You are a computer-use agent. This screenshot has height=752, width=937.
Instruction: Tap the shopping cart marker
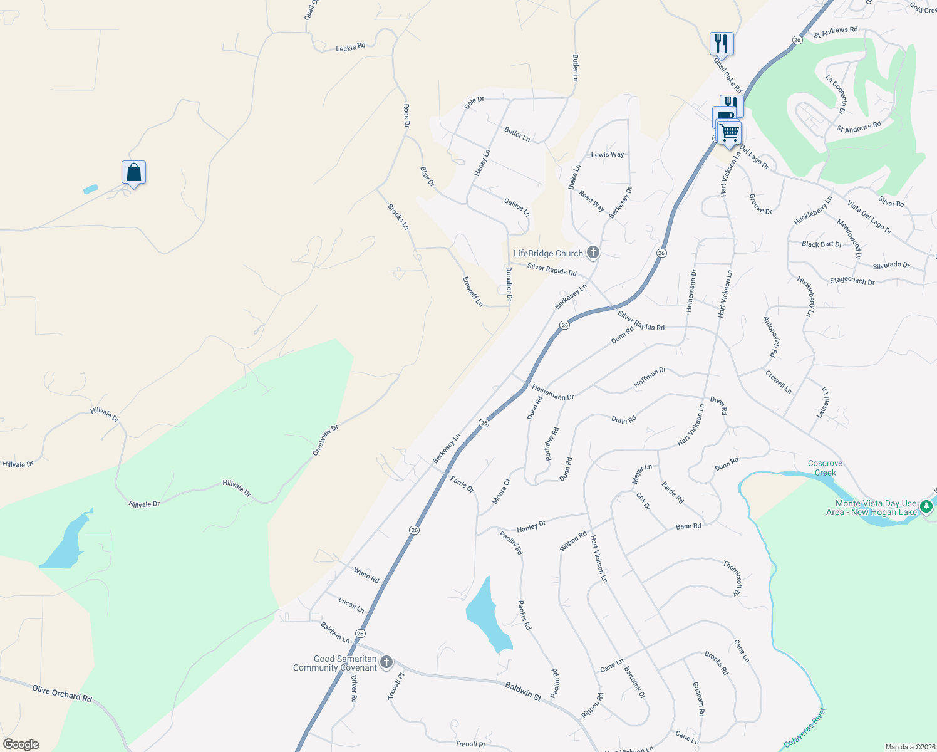coord(729,133)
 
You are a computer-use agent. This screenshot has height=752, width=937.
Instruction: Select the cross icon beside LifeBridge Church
coord(593,253)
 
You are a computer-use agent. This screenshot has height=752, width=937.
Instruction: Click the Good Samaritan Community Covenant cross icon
coord(386,662)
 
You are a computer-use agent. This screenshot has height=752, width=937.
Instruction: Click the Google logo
coord(21,744)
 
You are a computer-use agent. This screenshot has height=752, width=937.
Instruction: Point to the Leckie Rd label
coord(350,48)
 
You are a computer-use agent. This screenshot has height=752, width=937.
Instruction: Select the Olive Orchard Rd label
coord(62,692)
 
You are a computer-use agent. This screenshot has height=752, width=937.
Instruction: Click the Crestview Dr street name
coord(326,440)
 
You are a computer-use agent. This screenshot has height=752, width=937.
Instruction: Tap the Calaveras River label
coord(805,727)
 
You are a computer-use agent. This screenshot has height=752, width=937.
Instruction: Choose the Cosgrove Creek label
coord(825,468)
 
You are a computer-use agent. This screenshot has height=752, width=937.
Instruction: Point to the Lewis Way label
coord(608,155)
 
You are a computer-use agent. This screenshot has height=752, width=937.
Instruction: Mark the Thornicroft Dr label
coord(733,578)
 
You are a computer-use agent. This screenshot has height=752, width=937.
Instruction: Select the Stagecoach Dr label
coord(852,281)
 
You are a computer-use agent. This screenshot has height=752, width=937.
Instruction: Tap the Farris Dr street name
coord(462,484)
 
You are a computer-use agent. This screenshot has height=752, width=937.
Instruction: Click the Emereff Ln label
coord(473,291)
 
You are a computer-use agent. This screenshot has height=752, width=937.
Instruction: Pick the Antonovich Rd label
coord(771,337)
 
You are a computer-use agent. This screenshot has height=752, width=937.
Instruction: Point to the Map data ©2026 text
coord(909,747)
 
